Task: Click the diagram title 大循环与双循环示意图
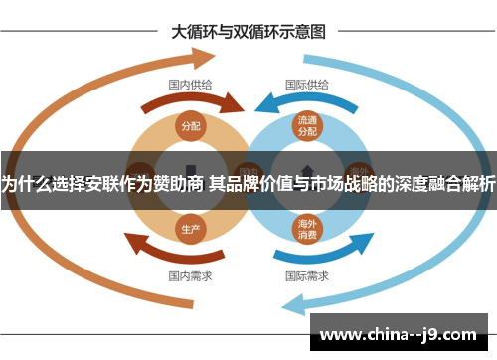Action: tap(248, 31)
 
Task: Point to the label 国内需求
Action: tap(190, 275)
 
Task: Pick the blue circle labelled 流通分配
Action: tap(307, 126)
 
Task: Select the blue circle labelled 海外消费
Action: tap(307, 229)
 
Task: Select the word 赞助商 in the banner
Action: tap(179, 182)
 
